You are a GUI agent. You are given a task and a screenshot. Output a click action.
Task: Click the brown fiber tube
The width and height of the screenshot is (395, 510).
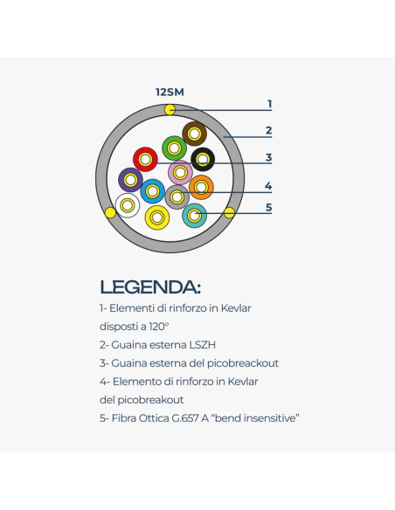[195, 134]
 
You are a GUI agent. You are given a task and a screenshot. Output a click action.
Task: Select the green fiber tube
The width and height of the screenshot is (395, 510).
[175, 148]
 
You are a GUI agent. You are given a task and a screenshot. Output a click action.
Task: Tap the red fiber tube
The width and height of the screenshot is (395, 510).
[145, 159]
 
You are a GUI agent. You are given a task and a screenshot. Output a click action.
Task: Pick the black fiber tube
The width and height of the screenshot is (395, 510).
[203, 159]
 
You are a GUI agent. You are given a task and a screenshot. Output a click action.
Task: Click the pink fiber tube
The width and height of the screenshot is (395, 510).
[180, 172]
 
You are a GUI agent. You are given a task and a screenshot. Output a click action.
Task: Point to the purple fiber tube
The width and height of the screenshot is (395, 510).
[130, 180]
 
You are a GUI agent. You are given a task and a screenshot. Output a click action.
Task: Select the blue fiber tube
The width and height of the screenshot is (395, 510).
[153, 191]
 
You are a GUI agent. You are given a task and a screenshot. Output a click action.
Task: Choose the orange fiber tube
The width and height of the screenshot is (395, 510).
[201, 188]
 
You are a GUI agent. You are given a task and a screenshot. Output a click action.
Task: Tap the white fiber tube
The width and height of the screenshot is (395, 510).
[128, 205]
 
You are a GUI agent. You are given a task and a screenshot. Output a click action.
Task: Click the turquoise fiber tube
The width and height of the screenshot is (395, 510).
[195, 216]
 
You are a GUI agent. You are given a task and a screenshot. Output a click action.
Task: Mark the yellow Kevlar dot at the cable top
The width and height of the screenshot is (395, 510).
[170, 110]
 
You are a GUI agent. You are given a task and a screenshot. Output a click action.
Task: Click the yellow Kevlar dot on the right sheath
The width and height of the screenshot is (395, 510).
[229, 213]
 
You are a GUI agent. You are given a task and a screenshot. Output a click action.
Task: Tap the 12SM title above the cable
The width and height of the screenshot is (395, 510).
[170, 92]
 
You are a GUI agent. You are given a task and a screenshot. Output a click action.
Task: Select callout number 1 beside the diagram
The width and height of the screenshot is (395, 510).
[269, 104]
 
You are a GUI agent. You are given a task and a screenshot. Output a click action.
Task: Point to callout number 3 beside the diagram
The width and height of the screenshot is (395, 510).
[268, 157]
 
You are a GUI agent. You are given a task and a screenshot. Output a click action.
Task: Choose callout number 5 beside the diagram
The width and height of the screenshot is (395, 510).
[268, 207]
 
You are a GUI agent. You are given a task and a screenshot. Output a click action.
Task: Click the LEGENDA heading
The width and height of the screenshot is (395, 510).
[150, 287]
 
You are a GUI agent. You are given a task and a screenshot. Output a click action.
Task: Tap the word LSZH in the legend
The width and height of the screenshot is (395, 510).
[203, 345]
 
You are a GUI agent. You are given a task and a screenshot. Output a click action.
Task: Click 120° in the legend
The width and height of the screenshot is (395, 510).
[159, 327]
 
